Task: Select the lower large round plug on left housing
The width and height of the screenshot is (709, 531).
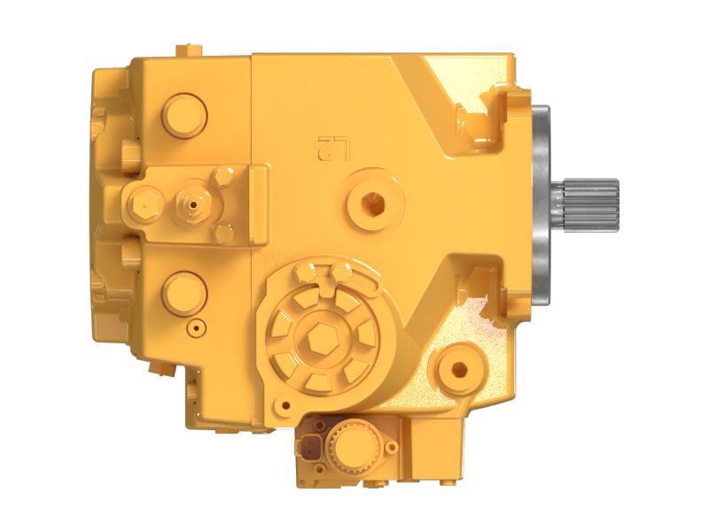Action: [x=183, y=291]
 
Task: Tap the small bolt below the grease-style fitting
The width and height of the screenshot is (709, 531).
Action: [x=224, y=232]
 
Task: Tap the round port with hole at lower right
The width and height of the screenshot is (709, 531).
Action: [x=459, y=367]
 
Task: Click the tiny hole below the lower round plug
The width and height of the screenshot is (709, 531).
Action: [x=194, y=329]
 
